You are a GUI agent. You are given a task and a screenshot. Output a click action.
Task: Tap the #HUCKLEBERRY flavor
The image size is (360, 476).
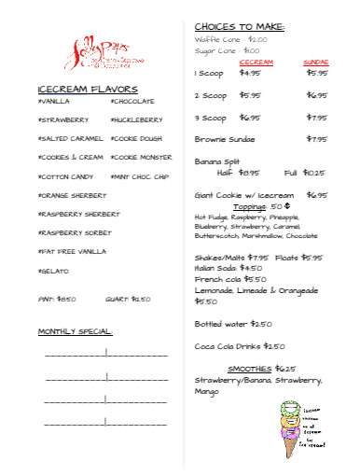136,119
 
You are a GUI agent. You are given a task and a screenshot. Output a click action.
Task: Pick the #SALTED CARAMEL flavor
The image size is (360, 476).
70,138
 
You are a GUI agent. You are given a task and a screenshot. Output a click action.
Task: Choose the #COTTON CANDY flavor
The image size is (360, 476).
65,176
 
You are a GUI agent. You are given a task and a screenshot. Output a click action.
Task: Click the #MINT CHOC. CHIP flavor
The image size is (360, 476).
139,176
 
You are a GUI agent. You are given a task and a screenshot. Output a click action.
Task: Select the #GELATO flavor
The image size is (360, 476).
53,271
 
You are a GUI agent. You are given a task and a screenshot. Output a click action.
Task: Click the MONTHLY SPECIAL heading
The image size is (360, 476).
76,331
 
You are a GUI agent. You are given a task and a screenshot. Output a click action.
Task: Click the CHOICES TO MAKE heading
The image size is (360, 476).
239,25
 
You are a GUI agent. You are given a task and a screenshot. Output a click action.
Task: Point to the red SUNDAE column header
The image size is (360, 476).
316,62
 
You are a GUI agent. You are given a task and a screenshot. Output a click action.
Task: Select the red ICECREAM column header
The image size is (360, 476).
256,62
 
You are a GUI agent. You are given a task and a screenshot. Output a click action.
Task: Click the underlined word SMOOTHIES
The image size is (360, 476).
249,368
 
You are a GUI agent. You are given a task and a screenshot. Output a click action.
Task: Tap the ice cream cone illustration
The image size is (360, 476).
289,428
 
